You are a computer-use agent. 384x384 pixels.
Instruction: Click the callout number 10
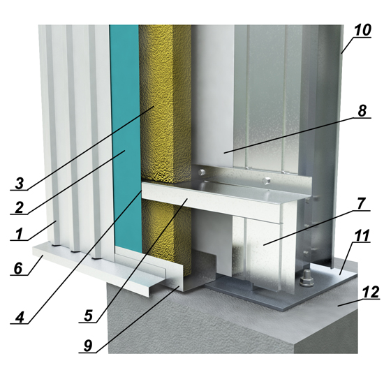pos(362,30)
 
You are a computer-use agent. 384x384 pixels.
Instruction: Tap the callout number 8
pos(362,111)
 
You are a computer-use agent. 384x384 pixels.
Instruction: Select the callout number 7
pos(362,204)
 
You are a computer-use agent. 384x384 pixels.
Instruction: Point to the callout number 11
pos(362,235)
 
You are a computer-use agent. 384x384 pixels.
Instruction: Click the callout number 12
pos(371,293)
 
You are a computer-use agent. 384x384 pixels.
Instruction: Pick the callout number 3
pos(19,183)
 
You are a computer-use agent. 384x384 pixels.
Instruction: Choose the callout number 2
pos(19,207)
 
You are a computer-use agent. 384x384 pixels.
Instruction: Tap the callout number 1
pos(19,234)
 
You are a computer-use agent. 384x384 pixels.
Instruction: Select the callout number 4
pos(20,318)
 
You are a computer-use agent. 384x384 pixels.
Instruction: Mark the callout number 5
pos(88,316)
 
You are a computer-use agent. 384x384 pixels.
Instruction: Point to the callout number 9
pos(88,346)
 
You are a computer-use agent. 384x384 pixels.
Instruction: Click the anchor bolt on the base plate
pos(307,279)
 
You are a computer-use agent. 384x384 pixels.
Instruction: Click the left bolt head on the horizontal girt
pos(202,172)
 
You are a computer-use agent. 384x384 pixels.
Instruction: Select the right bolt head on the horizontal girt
pos(266,182)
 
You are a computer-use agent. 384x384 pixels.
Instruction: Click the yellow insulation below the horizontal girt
pos(167,236)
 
